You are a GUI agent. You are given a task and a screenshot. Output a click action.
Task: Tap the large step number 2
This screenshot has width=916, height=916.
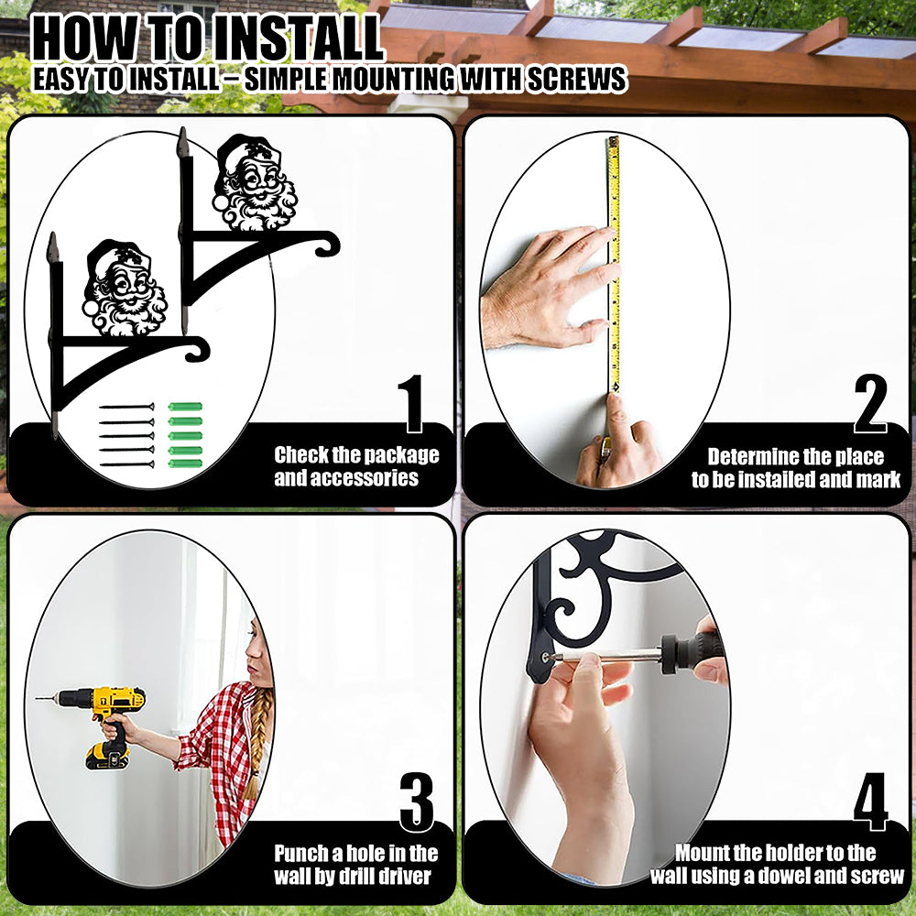pos(870,403)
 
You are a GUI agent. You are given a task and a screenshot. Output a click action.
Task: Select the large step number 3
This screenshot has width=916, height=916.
pos(417,802)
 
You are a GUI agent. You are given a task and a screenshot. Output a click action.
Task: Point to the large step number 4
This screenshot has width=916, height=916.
pos(870,801)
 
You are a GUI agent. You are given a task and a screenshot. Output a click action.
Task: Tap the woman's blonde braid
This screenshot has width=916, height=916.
pos(257,742)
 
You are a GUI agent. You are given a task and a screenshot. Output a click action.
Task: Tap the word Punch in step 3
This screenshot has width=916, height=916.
pos(300,854)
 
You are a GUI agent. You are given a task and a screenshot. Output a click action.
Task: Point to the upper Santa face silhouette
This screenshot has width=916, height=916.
pos(256,182)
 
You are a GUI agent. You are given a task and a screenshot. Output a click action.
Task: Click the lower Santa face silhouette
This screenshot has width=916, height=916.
pos(125,289)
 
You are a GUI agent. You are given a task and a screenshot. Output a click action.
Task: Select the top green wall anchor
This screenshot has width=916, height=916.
pos(185,407)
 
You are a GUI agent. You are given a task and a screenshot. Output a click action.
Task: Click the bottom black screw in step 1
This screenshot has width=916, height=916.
pos(126,464)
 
